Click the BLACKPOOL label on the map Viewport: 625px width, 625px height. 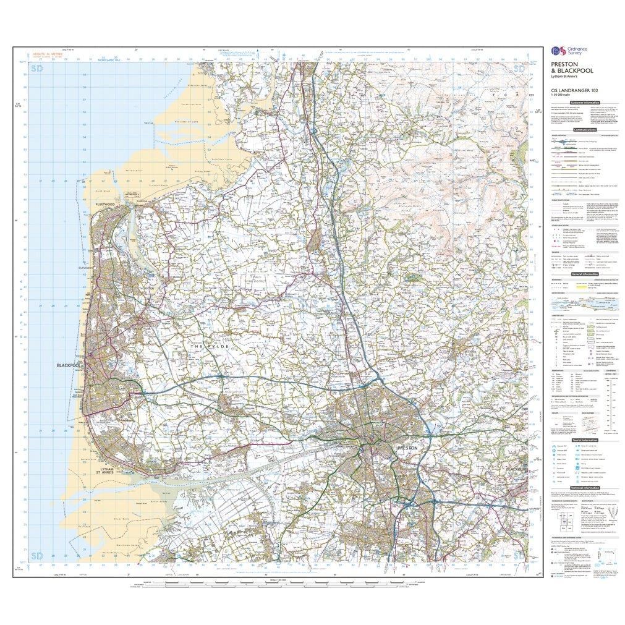tap(69, 366)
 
